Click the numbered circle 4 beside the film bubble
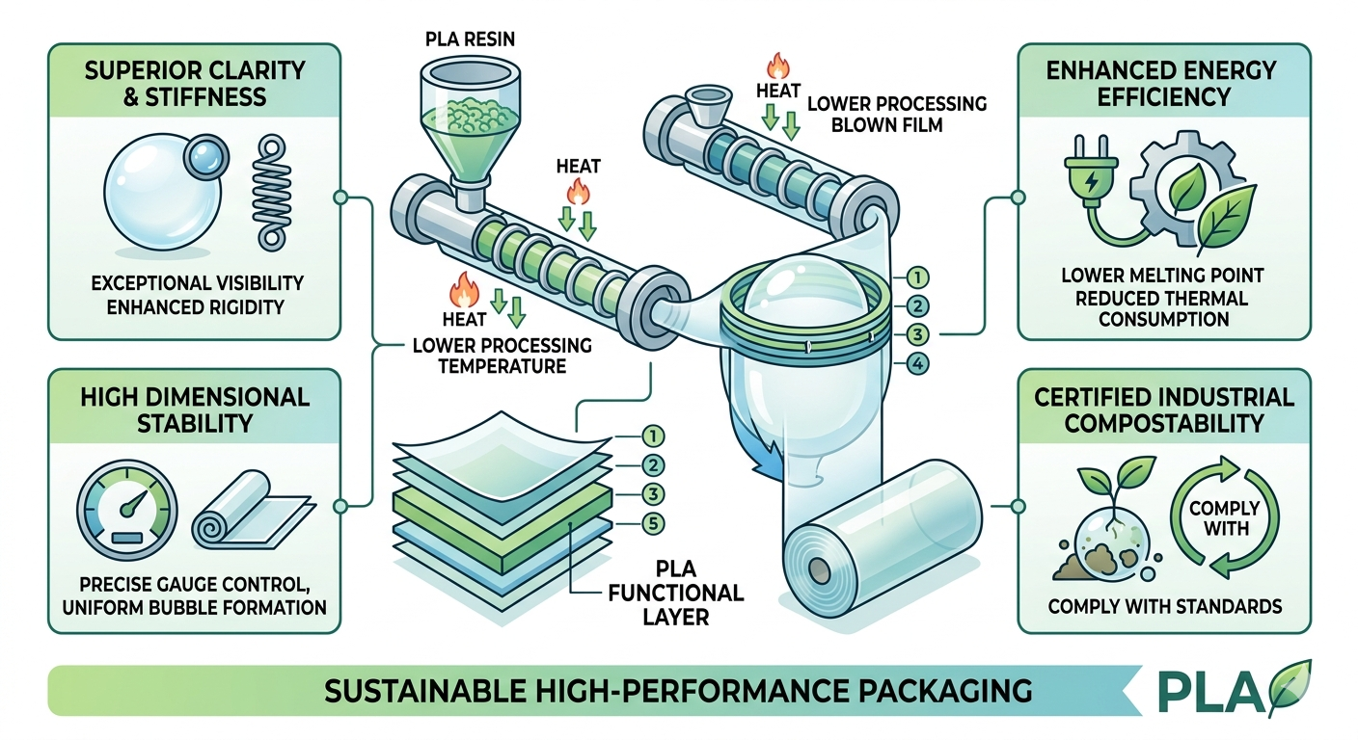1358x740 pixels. click(x=916, y=364)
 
